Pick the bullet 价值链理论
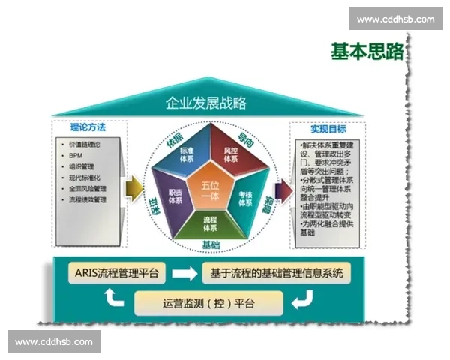point(83,143)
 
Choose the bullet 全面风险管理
point(88,189)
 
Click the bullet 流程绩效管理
point(88,200)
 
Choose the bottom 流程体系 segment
point(210,223)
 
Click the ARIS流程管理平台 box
point(117,273)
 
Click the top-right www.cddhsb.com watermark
point(395,19)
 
